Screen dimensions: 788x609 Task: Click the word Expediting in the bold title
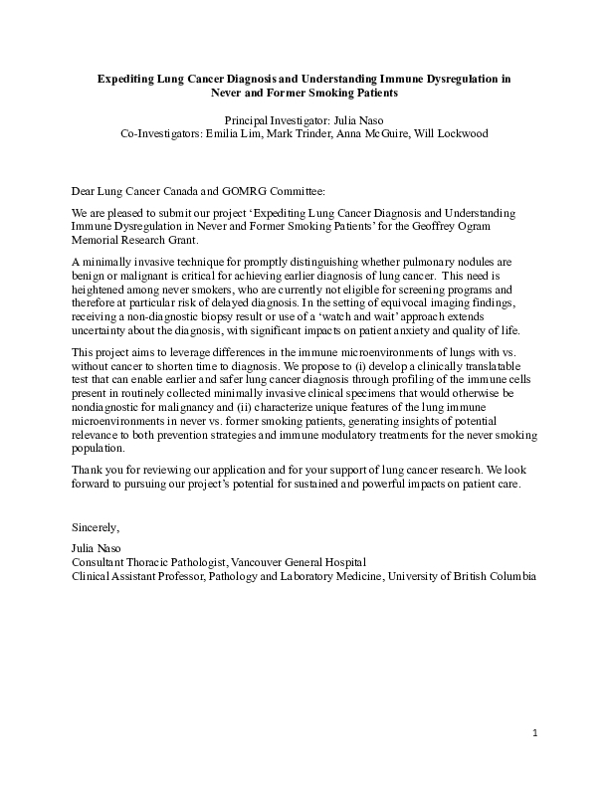click(x=122, y=77)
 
